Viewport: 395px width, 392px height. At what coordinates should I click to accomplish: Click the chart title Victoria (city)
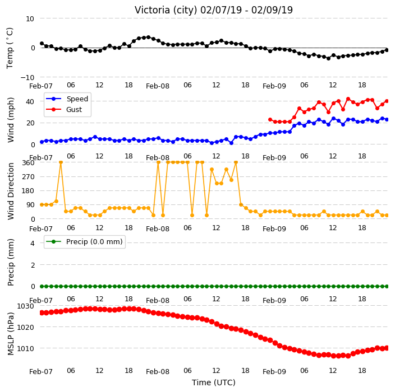click(x=166, y=10)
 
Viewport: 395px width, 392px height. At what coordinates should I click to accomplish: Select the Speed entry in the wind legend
click(x=77, y=99)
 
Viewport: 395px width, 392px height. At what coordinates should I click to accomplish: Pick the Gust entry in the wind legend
click(x=74, y=110)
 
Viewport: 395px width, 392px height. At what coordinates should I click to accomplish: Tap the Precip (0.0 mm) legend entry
click(x=94, y=241)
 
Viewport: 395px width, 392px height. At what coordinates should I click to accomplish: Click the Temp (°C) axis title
click(x=10, y=48)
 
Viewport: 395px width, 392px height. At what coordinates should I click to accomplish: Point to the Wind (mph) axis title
click(x=11, y=120)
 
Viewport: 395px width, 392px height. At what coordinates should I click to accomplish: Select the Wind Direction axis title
click(x=11, y=191)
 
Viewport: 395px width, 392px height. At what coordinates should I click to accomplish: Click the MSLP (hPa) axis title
click(x=11, y=334)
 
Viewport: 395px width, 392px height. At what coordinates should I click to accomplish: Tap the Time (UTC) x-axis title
click(x=214, y=382)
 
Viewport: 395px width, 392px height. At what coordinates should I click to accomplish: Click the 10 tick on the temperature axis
click(x=30, y=19)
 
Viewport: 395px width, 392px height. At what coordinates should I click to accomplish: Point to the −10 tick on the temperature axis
click(x=27, y=77)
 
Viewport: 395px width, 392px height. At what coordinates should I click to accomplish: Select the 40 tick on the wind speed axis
click(x=30, y=101)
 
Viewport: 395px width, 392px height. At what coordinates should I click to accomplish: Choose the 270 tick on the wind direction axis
click(x=28, y=177)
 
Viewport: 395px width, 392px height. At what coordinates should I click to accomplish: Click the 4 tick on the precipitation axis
click(x=33, y=243)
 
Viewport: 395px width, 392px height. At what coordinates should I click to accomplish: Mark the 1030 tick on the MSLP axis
click(x=25, y=306)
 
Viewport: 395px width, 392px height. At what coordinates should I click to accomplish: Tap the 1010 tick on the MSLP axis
click(x=25, y=348)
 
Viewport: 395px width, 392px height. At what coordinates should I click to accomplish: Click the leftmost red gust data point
click(x=270, y=120)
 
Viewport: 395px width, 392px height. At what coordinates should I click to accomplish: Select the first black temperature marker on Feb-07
click(x=42, y=44)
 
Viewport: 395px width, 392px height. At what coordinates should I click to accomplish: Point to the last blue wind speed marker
click(x=387, y=120)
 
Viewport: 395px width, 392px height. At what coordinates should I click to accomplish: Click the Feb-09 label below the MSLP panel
click(x=274, y=372)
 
